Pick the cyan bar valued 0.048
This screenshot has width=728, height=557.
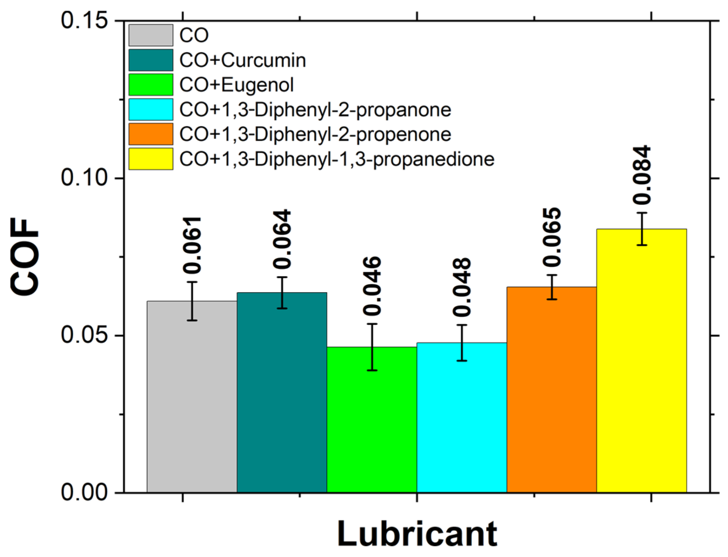point(461,417)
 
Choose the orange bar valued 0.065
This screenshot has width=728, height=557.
point(552,389)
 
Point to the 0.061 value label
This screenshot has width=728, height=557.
point(192,245)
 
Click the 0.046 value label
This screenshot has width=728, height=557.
point(372,286)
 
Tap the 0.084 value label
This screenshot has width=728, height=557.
point(642,175)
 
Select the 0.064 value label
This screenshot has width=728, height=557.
point(282,239)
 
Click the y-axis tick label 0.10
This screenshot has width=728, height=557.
point(84,177)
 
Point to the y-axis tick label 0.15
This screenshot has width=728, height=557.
point(84,20)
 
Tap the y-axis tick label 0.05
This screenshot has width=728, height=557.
point(84,335)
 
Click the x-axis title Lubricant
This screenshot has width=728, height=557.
point(417,533)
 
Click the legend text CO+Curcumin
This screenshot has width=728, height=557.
point(242,60)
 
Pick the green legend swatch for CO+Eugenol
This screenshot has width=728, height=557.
point(150,85)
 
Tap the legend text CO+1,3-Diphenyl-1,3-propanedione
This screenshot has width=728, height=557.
point(337,159)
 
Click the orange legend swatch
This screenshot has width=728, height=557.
point(150,134)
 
